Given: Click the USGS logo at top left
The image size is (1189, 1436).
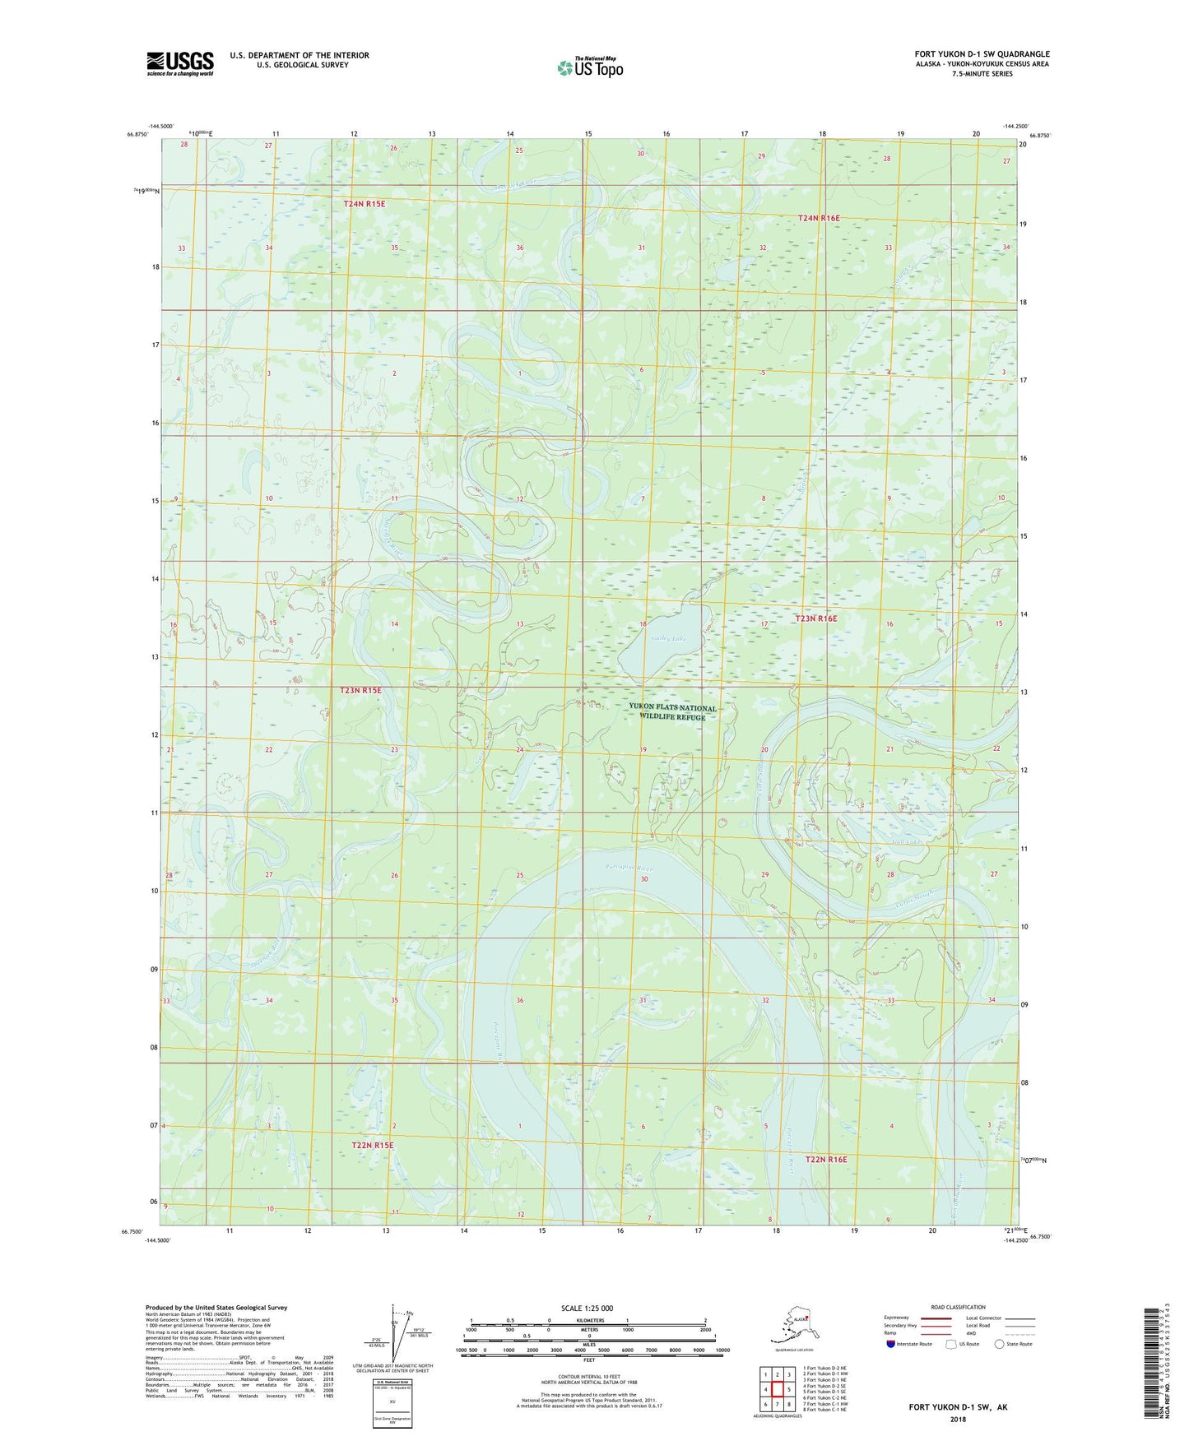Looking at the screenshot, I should click(179, 63).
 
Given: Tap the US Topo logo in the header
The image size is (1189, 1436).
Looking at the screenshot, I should click(589, 67).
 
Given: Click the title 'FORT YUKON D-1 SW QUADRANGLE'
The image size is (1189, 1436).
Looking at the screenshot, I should click(982, 54).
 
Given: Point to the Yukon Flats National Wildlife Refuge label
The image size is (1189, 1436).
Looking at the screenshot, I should click(672, 712).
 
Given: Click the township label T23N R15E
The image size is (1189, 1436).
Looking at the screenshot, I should click(360, 690).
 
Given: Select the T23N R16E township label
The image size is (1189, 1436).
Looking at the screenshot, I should click(815, 618).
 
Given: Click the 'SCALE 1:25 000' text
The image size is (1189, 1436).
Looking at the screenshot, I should click(588, 1308).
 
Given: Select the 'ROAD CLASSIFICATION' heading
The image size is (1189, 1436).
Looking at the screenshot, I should click(958, 1307).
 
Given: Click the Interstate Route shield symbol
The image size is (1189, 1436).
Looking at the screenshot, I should click(890, 1344).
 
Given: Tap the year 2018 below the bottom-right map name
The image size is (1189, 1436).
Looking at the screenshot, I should click(958, 1419).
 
